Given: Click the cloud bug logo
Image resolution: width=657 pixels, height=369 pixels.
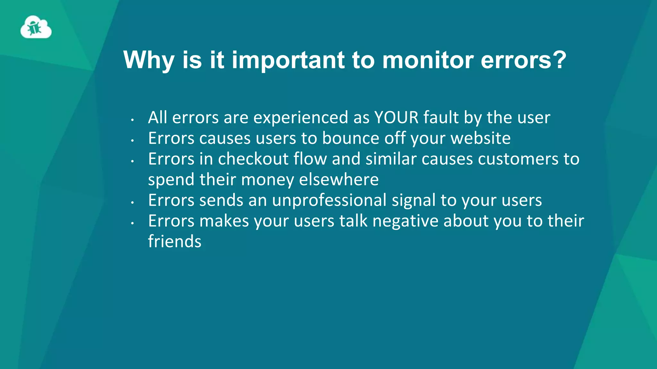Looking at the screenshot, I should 36,28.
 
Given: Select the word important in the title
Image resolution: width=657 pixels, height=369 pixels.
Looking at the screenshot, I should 288,60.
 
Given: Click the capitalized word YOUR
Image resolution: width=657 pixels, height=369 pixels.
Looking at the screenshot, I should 397,117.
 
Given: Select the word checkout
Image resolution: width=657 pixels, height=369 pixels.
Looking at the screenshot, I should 253,159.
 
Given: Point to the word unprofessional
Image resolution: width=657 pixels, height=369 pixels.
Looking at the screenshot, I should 329,201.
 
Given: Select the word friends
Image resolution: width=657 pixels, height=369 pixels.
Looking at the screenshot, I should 175,242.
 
